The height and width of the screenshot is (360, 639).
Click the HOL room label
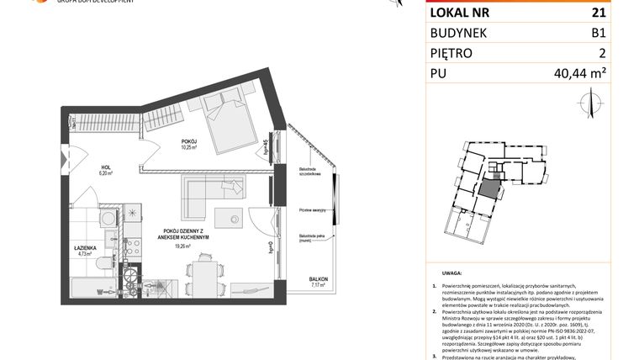[x=105, y=167]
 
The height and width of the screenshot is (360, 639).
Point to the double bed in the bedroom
[x=223, y=124]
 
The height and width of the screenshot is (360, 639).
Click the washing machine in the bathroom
[x=108, y=219]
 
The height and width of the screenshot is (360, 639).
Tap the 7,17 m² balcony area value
[x=318, y=285]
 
